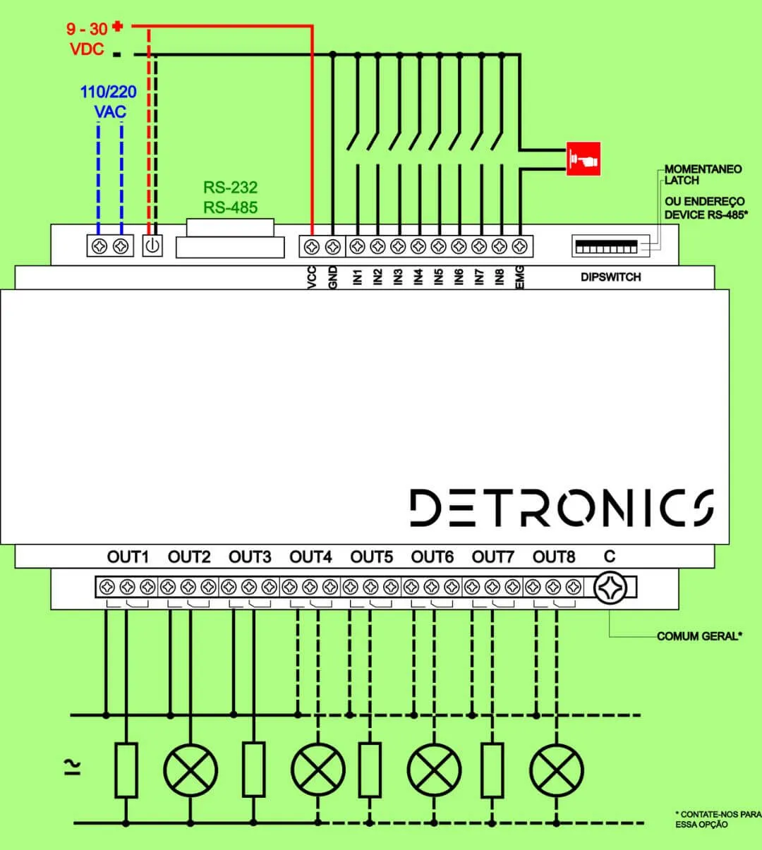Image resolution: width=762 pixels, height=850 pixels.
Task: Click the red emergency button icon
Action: tap(583, 159)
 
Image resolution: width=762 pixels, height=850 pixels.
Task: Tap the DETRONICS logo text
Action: tap(562, 508)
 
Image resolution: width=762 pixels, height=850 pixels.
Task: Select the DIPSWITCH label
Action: tap(610, 277)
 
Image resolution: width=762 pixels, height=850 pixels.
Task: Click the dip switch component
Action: tap(606, 246)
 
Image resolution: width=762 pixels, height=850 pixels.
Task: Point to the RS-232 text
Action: tap(231, 188)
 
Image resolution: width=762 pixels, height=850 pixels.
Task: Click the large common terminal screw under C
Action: tap(610, 588)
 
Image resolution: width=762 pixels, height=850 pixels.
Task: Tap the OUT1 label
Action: tap(128, 557)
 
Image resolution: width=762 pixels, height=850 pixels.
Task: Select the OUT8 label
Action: tap(554, 557)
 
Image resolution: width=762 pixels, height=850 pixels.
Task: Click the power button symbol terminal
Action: tap(152, 246)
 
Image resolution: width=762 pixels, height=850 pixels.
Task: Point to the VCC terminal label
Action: tap(313, 277)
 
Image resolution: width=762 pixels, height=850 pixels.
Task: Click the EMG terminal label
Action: tap(521, 276)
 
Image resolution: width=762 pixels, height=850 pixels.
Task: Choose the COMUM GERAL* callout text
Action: tap(699, 636)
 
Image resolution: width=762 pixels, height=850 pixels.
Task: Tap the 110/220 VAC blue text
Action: tap(109, 102)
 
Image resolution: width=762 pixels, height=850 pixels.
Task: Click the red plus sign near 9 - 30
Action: tap(117, 27)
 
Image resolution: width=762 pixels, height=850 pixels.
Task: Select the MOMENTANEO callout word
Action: tap(703, 169)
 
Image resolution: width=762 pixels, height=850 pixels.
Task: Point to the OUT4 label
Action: tap(310, 557)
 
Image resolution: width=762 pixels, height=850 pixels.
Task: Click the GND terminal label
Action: tap(333, 276)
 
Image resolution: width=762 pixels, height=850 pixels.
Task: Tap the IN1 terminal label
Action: tap(358, 277)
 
